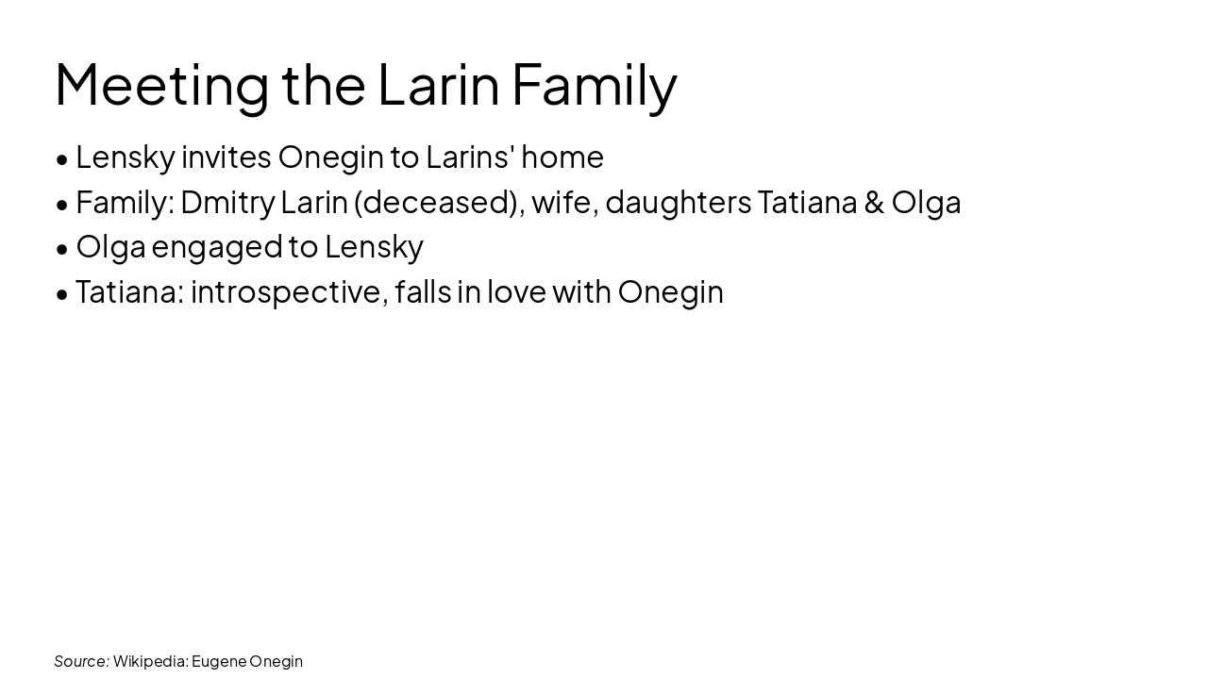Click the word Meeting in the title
(x=161, y=85)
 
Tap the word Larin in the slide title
(x=438, y=85)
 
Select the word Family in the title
(x=594, y=85)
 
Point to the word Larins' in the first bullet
(x=469, y=157)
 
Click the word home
(x=562, y=157)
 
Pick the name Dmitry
(x=227, y=202)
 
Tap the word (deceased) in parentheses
(x=439, y=202)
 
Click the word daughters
(x=679, y=202)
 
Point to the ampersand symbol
(x=874, y=202)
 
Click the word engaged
(x=217, y=247)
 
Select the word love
(x=516, y=292)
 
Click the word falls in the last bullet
(x=422, y=292)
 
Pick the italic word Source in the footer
(x=81, y=661)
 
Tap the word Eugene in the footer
(x=218, y=661)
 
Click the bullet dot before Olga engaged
(x=62, y=248)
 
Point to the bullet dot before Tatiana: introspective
(x=62, y=293)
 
